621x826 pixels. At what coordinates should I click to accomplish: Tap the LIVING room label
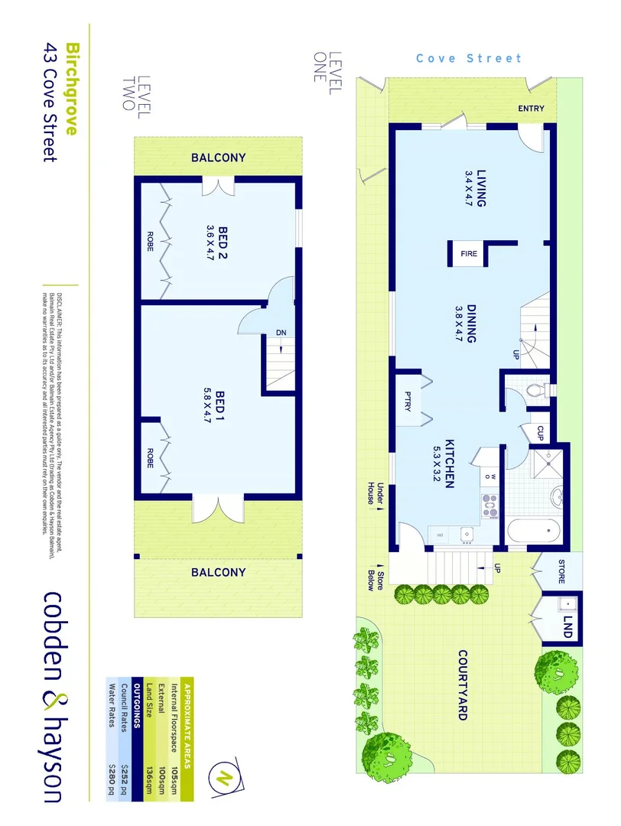(x=482, y=187)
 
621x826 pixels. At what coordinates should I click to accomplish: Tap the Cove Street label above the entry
(x=468, y=58)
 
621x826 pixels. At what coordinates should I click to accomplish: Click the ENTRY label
(x=531, y=109)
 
